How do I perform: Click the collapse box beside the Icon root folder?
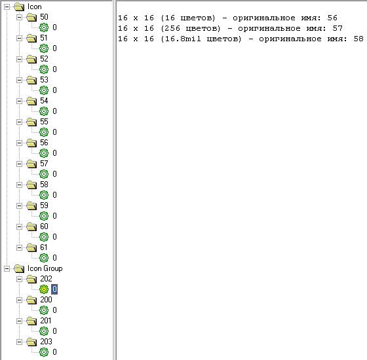[x=7, y=7]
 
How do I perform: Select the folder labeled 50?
[x=44, y=17]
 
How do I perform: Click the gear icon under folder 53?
[x=44, y=90]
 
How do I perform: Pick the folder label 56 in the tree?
[x=44, y=143]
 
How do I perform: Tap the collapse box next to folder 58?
[x=20, y=185]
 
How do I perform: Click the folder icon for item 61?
[x=31, y=248]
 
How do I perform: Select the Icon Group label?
[x=45, y=268]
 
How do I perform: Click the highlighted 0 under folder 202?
[x=54, y=289]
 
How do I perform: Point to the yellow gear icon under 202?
[x=44, y=289]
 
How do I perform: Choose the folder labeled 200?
[x=46, y=300]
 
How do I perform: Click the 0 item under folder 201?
[x=54, y=331]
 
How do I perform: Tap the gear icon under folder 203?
[x=44, y=352]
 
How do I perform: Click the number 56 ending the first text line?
[x=332, y=18]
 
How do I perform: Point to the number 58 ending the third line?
[x=358, y=39]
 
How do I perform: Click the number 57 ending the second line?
[x=338, y=28]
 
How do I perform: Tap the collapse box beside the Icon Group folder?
[x=7, y=268]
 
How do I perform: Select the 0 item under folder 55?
[x=54, y=132]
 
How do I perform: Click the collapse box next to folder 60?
[x=20, y=226]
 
